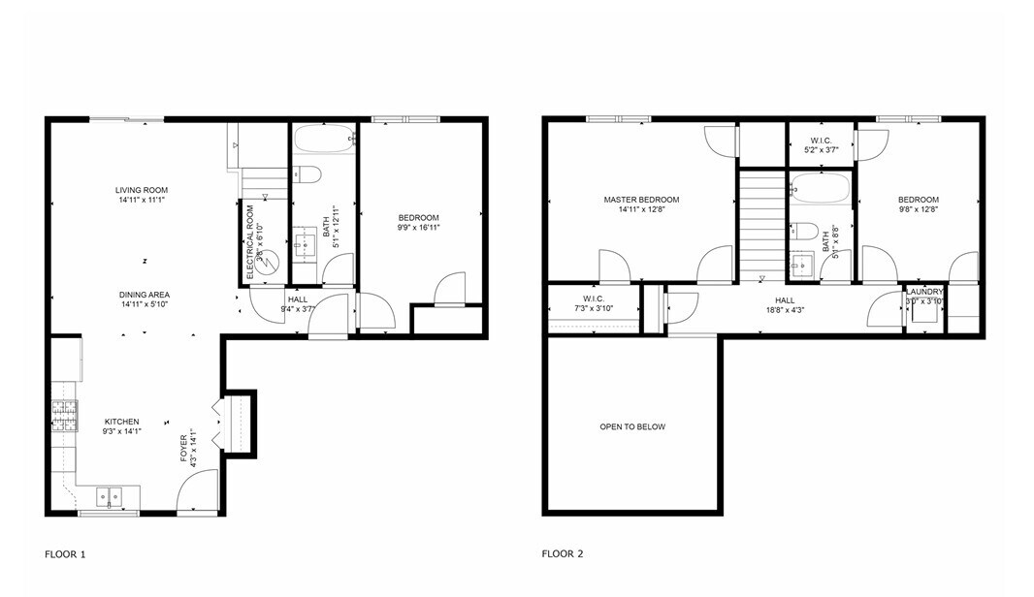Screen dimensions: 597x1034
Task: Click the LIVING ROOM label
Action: coord(142,190)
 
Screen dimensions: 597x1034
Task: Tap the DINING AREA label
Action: coord(145,295)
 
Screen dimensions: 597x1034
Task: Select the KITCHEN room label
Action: coord(121,422)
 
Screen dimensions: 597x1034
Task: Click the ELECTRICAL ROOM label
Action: coord(250,242)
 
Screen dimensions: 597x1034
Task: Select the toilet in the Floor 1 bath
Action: coord(307,174)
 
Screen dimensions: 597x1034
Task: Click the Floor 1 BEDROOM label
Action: coord(418,217)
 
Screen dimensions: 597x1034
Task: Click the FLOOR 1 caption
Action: coord(65,554)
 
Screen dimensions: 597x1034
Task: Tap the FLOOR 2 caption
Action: coord(563,554)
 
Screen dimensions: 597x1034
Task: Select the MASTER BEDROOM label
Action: coord(641,200)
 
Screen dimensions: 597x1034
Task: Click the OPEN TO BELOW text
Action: coord(632,426)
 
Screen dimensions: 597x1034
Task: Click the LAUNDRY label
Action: coord(924,292)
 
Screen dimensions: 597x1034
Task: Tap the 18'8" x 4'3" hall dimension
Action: coord(785,310)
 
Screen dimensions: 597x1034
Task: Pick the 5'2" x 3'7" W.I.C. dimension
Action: coord(821,150)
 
